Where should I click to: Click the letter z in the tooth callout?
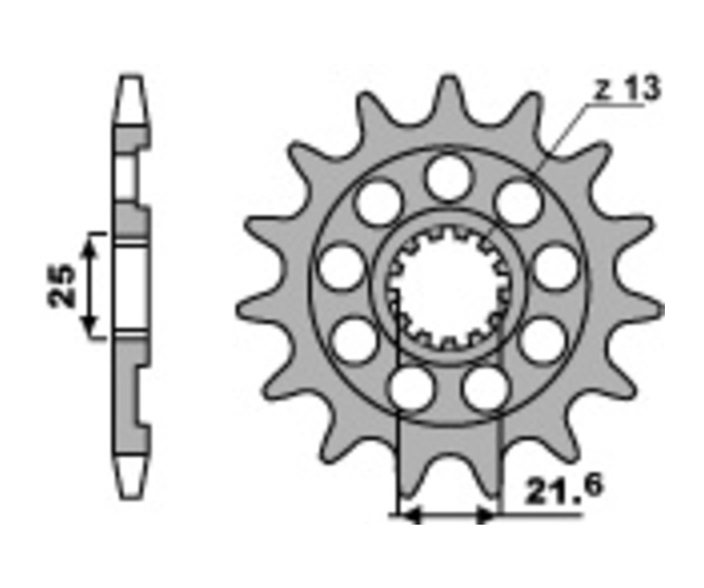pos(602,91)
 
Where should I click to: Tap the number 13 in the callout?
pos(642,88)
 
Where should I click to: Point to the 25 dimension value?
pos(62,286)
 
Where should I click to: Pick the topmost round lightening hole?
pos(448,177)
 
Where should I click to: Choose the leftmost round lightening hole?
pos(341,266)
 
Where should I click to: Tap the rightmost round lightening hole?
pos(556,266)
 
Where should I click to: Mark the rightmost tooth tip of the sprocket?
pos(661,310)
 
